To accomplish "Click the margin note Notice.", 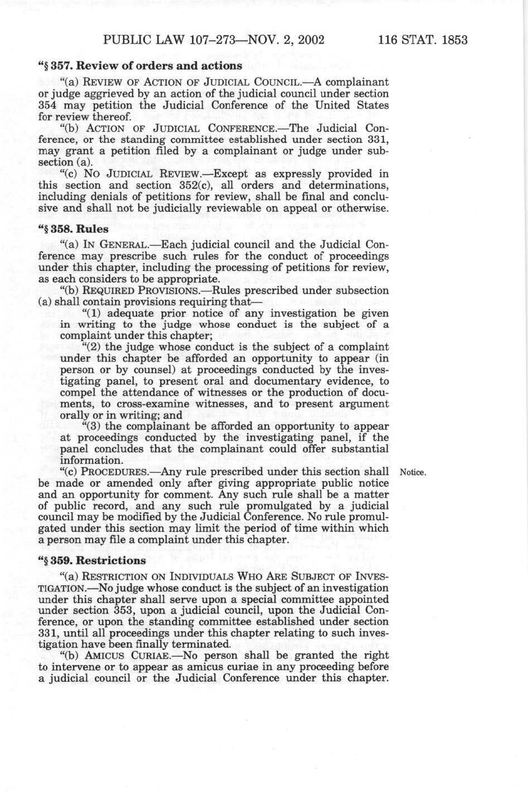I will point(413,472).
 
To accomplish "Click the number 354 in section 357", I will point(48,105).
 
